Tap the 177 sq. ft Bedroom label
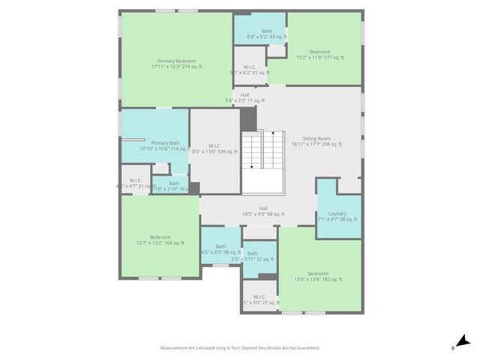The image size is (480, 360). coord(319,55)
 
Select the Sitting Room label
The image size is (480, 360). coord(316,141)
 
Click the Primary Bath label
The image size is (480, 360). coord(164,145)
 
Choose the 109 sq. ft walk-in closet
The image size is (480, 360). coord(214,148)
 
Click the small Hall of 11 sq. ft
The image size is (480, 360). coord(244,97)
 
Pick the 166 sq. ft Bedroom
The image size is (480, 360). coord(159,240)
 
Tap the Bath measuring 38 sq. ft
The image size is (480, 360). coord(220,249)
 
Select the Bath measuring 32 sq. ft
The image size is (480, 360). coord(253,256)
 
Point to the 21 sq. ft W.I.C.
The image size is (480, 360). coord(135,183)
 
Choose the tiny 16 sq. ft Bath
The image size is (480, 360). coord(173,186)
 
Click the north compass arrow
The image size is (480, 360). coord(462,342)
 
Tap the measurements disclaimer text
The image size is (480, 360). coord(239,347)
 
